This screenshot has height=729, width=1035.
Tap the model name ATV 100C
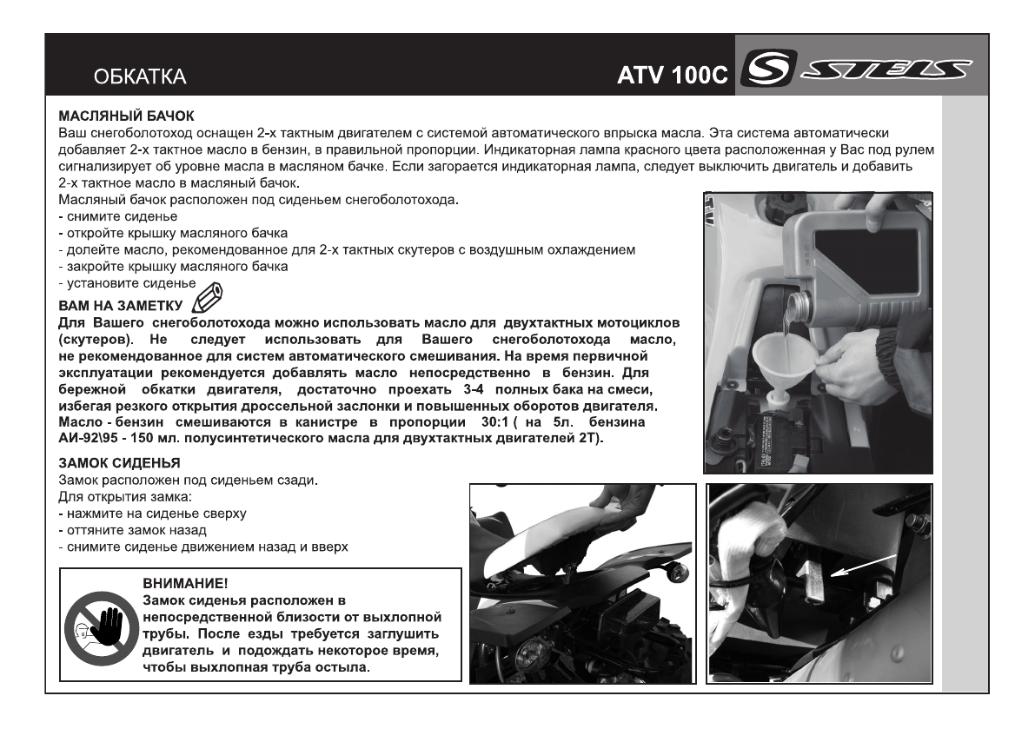pyautogui.click(x=671, y=76)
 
